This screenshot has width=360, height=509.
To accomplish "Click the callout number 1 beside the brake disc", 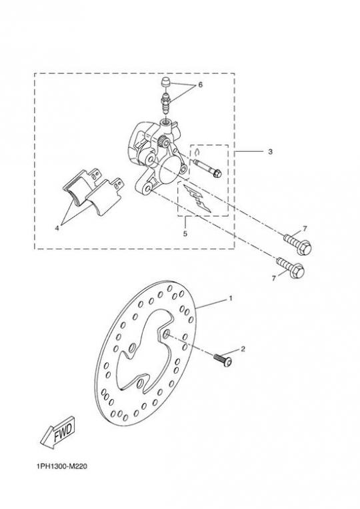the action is pyautogui.click(x=231, y=298).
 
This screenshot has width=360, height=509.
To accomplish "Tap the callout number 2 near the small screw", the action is pyautogui.click(x=243, y=349).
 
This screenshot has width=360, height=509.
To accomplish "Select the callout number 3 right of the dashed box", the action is pyautogui.click(x=270, y=152).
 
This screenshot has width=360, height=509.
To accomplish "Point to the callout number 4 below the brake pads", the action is pyautogui.click(x=57, y=229).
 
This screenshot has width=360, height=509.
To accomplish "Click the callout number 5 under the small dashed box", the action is pyautogui.click(x=185, y=233).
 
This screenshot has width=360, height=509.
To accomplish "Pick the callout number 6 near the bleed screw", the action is pyautogui.click(x=200, y=85).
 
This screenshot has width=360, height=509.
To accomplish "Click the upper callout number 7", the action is pyautogui.click(x=305, y=229).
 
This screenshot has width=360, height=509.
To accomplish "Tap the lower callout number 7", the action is pyautogui.click(x=273, y=278).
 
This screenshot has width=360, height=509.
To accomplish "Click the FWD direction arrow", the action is pyautogui.click(x=58, y=433).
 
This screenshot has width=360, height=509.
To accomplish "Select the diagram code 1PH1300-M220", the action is pyautogui.click(x=62, y=466).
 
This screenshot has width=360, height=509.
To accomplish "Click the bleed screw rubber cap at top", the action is pyautogui.click(x=167, y=82).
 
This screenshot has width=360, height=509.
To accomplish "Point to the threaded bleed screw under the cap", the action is pyautogui.click(x=166, y=102).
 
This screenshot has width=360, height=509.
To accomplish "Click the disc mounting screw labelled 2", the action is pyautogui.click(x=223, y=360).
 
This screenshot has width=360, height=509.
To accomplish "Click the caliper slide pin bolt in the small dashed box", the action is pyautogui.click(x=207, y=168).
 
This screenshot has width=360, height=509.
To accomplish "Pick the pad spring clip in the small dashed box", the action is pyautogui.click(x=197, y=199).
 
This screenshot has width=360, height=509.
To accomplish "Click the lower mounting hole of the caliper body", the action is pyautogui.click(x=147, y=188).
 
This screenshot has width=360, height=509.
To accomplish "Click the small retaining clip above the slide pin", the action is pyautogui.click(x=197, y=152).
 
